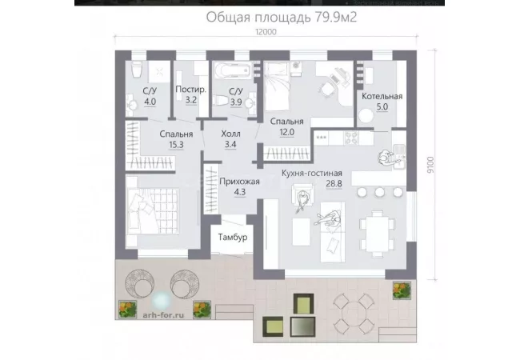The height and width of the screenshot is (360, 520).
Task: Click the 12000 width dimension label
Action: coord(266,32)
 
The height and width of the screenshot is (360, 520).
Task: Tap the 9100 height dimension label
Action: coord(430,165)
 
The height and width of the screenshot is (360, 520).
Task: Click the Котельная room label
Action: coord(382,96)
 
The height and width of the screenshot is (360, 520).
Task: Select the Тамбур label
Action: coord(233,238)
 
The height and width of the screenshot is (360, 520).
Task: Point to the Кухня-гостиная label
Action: coord(312,173)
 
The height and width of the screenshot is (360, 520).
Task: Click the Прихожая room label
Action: coord(239,182)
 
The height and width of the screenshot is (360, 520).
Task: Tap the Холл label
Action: coord(231,134)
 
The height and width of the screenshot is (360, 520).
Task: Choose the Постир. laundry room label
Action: coord(190,89)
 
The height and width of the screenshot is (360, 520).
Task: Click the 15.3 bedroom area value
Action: coord(176,145)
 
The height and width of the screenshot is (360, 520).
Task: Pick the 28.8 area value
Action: coord(334,184)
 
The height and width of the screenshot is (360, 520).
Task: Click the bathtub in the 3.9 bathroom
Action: coord(233,70)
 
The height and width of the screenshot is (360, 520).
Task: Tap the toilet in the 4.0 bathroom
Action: coord(137,70)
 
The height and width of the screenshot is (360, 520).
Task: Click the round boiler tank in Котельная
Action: coord(366,116)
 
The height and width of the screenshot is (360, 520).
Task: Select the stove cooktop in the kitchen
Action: coord(351,138)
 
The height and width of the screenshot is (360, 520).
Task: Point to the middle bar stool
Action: coord(380,192)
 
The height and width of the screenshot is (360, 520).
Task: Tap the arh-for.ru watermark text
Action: coord(163,315)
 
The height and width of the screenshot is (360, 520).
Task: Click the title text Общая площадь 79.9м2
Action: coord(282,17)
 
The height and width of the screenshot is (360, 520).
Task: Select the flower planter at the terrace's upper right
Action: coord(402,290)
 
